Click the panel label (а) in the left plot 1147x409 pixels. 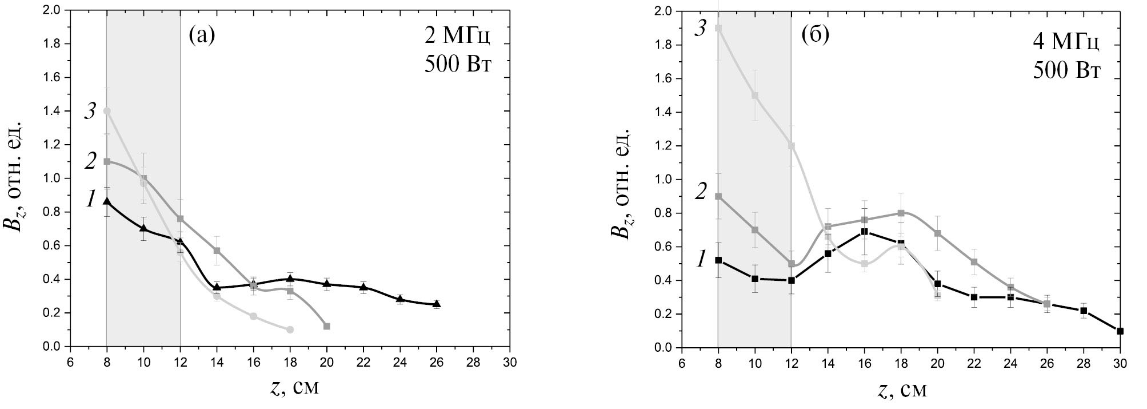click(202, 35)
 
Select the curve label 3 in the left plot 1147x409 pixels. click(90, 111)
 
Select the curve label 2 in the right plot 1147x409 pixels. click(701, 192)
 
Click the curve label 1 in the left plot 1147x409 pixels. click(90, 200)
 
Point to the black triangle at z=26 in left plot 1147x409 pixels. click(437, 304)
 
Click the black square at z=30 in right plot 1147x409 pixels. click(1120, 331)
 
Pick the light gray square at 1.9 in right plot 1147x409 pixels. click(718, 28)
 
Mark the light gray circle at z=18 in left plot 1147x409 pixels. click(290, 329)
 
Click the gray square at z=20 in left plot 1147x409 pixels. click(327, 326)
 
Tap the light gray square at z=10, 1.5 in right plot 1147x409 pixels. click(755, 96)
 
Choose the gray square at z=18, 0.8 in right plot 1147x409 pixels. click(901, 213)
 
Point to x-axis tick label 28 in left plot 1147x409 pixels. click(473, 363)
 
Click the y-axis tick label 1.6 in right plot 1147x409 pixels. click(664, 79)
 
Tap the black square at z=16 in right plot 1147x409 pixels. click(865, 232)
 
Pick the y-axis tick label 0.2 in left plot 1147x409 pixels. click(53, 313)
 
